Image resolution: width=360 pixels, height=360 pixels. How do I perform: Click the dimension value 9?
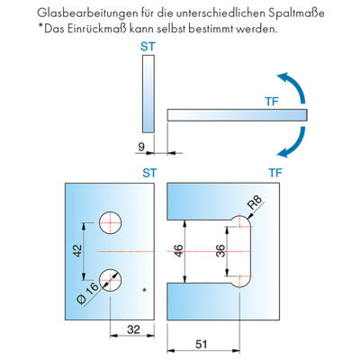141,147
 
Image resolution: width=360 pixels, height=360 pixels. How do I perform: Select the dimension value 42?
77,251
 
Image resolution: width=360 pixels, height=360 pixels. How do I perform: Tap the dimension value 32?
133,329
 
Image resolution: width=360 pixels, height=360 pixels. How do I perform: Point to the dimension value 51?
202,344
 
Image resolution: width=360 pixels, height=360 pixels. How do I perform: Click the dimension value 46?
178,251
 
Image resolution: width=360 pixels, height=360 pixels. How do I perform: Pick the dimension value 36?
220,251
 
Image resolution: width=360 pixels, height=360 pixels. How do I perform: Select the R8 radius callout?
255,202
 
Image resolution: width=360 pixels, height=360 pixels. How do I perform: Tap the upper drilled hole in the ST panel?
111,223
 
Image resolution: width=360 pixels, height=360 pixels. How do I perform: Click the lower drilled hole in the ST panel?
111,280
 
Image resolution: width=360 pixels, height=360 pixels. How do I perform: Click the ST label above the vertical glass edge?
148,47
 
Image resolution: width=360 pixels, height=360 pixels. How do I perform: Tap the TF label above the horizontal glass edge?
272,102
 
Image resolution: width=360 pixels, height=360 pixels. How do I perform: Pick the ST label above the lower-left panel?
149,173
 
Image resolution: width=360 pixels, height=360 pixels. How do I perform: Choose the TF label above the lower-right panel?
275,173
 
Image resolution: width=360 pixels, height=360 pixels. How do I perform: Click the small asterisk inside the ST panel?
145,290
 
